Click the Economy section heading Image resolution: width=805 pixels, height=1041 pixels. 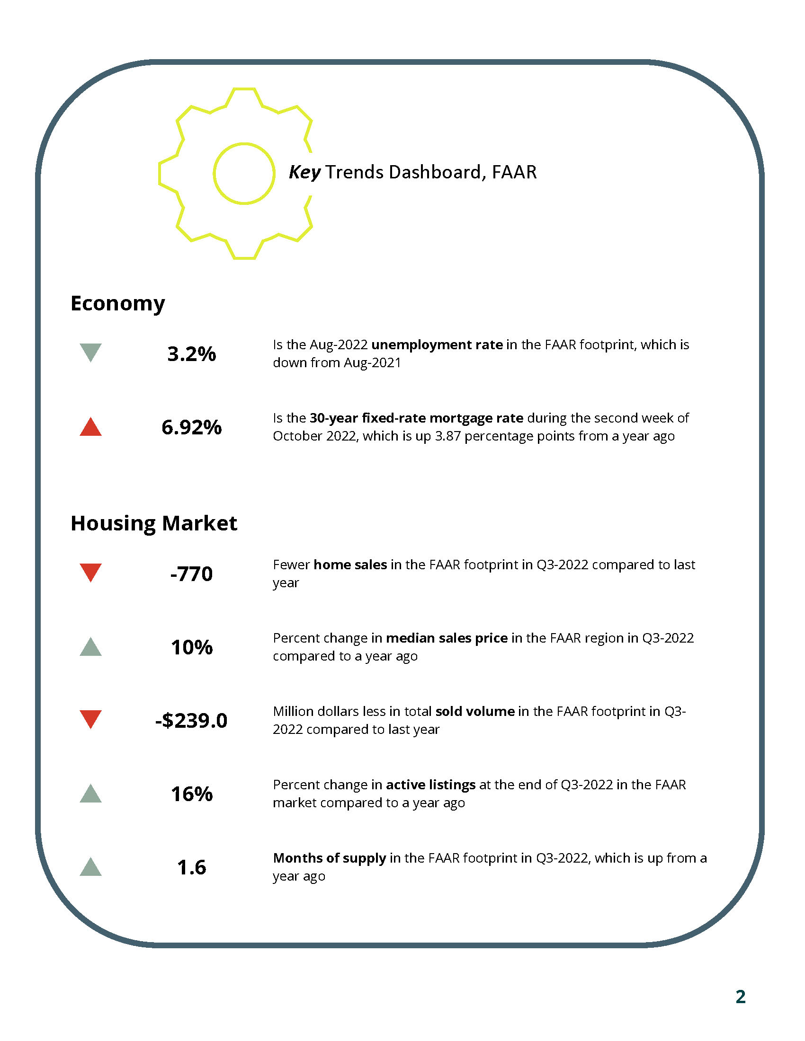tap(118, 304)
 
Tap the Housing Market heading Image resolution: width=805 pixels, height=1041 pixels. tap(153, 523)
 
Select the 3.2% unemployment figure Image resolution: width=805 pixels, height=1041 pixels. tap(191, 354)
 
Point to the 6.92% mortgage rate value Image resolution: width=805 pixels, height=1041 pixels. tap(191, 427)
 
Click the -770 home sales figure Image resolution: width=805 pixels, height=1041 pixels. tap(191, 574)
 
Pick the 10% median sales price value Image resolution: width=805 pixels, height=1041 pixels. tap(191, 647)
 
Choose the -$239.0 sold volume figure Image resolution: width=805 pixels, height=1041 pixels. tap(191, 720)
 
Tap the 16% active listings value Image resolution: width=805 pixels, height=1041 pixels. tap(191, 794)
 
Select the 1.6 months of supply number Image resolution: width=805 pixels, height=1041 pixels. tap(191, 867)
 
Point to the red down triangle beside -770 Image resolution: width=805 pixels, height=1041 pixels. tap(90, 572)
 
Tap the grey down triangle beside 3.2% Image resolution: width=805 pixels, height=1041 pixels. tap(90, 351)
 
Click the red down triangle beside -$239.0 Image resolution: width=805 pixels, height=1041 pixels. tap(90, 718)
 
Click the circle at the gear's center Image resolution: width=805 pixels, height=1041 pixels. tap(244, 174)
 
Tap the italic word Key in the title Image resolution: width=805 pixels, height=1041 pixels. tap(305, 172)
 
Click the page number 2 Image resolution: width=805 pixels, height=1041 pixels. tap(740, 997)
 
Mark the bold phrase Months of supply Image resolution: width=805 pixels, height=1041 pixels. tap(329, 858)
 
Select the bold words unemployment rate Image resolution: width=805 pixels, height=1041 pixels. tap(437, 344)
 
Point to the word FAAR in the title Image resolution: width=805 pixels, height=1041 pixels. tap(514, 172)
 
